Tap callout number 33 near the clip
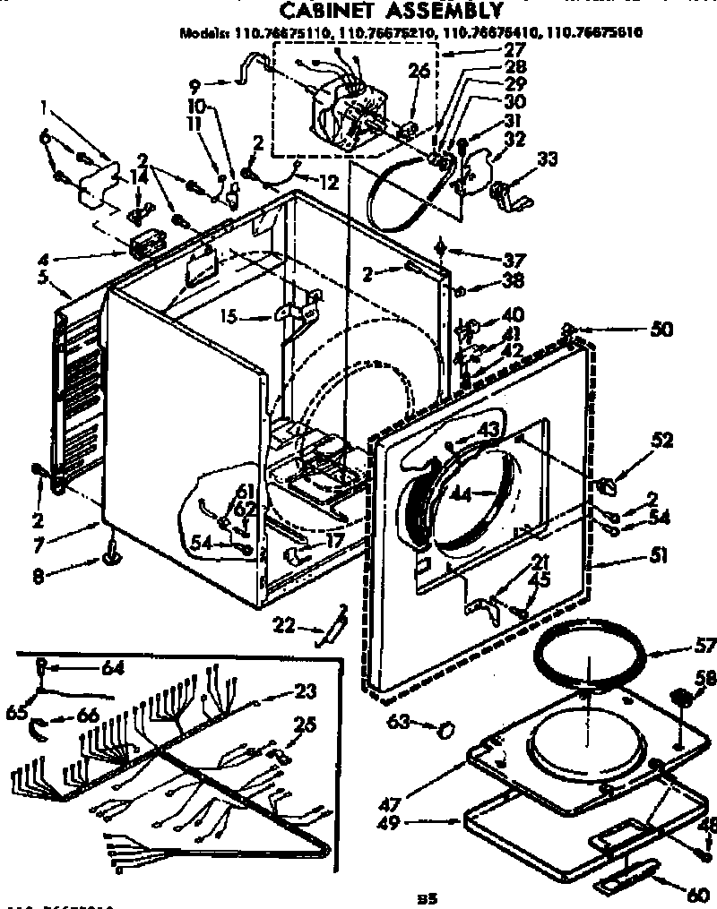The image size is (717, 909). click(548, 160)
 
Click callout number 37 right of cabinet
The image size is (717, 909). click(514, 260)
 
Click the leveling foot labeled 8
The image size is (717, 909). click(111, 558)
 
